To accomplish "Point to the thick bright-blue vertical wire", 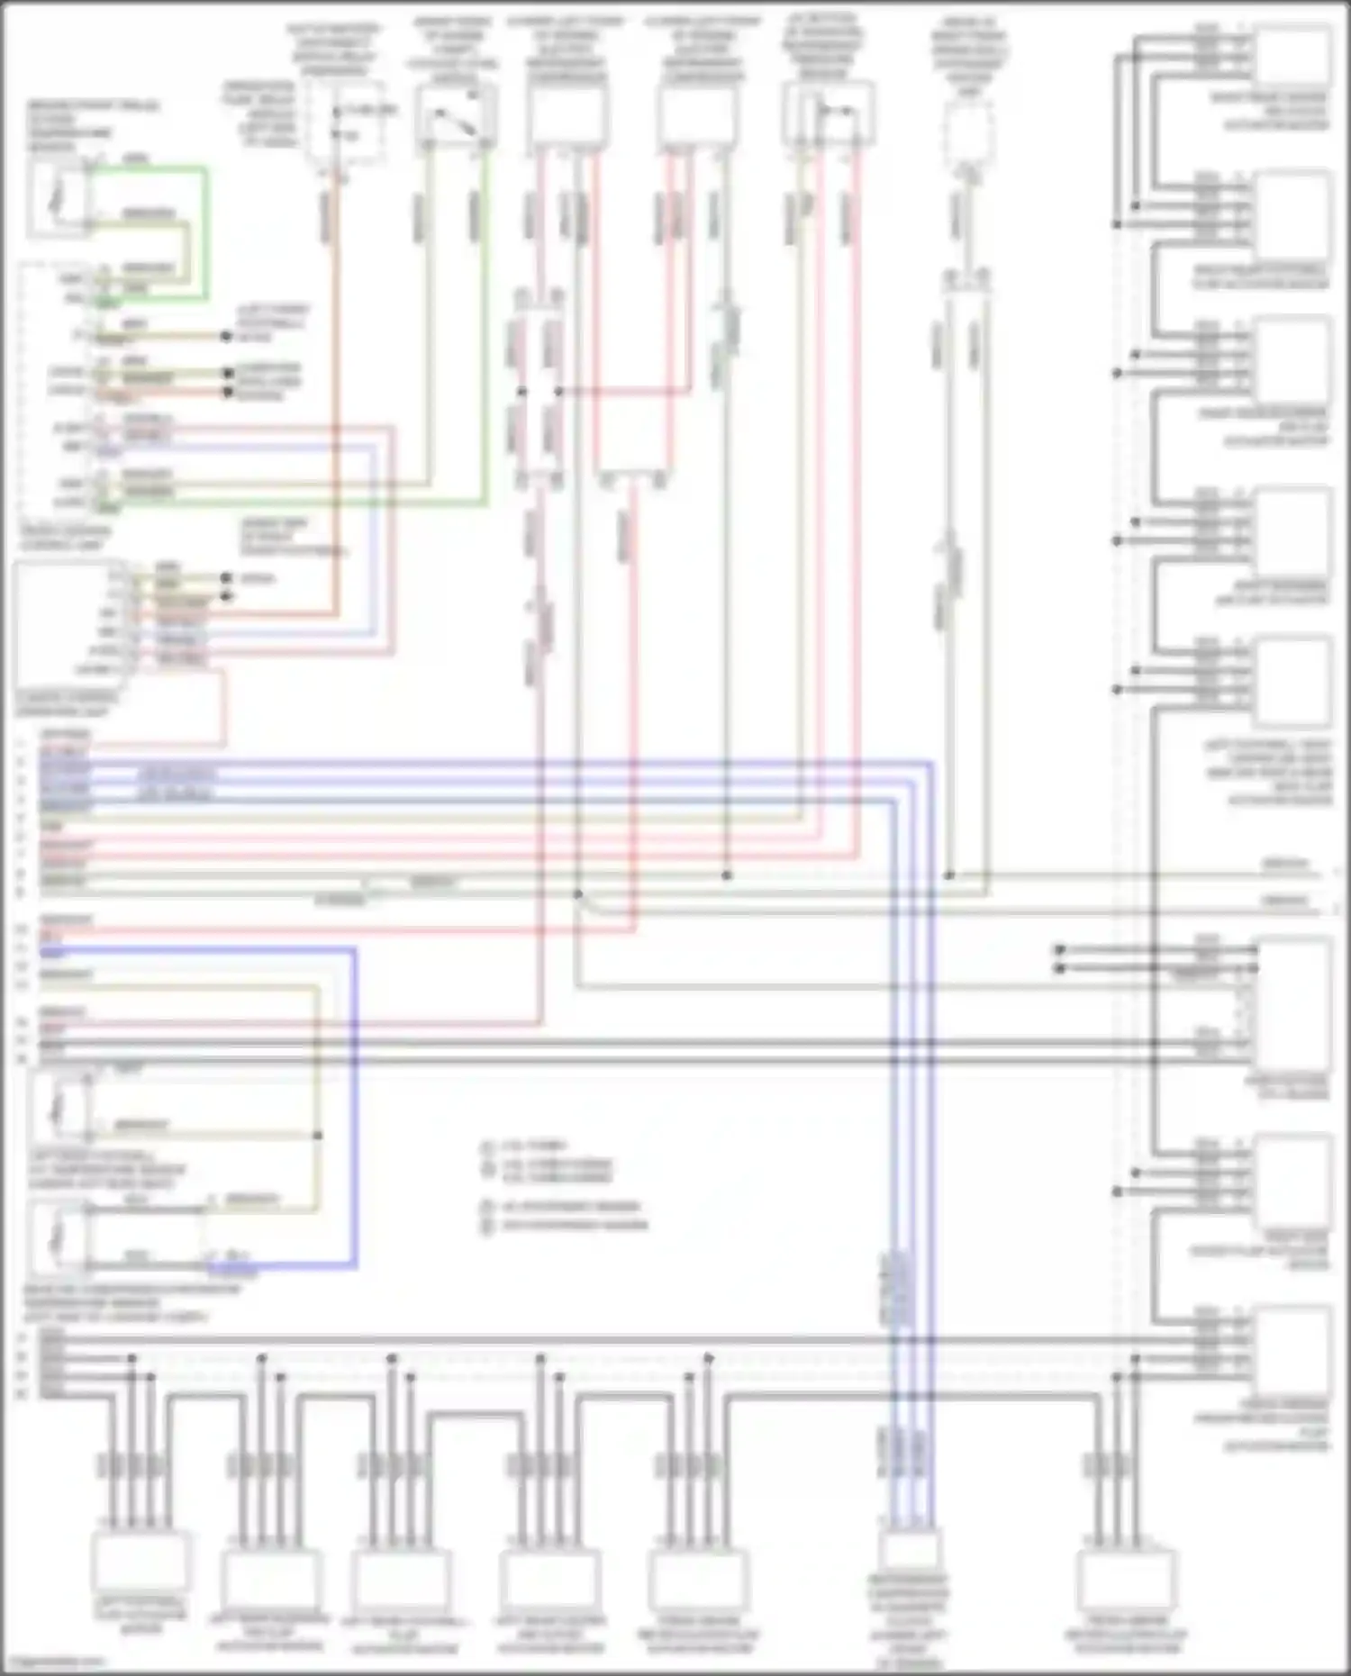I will tap(355, 1108).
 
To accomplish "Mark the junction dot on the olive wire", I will tap(318, 1135).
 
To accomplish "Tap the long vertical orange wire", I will tap(337, 405).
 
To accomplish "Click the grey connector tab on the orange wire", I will tap(329, 216).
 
